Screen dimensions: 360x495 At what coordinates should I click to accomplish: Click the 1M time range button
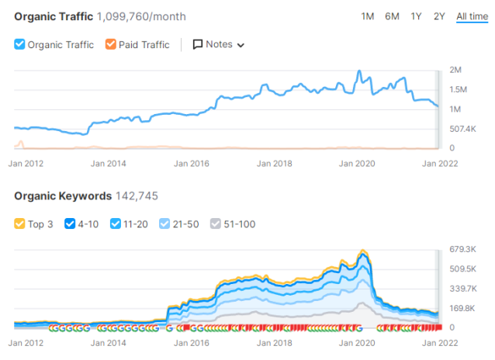(368, 16)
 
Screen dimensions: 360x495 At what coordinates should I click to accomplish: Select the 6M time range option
(392, 16)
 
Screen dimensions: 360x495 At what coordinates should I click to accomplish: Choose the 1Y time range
(417, 16)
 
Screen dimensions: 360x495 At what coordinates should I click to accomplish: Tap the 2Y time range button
(440, 16)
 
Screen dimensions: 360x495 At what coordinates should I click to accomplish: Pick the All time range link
(472, 16)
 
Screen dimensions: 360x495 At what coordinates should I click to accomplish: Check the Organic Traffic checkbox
(20, 45)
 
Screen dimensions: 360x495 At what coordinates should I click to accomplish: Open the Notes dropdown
(219, 45)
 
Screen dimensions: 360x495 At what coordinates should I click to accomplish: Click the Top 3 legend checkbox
(20, 224)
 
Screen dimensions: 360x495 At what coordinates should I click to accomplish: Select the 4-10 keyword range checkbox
(71, 224)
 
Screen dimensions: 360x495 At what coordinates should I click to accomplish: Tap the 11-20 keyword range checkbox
(116, 224)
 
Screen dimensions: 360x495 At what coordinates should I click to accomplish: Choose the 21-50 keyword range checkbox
(165, 224)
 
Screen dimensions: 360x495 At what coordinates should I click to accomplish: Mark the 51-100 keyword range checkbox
(217, 224)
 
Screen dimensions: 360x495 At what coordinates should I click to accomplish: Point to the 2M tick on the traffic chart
(456, 71)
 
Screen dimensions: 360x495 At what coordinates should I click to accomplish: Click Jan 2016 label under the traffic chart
(191, 163)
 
